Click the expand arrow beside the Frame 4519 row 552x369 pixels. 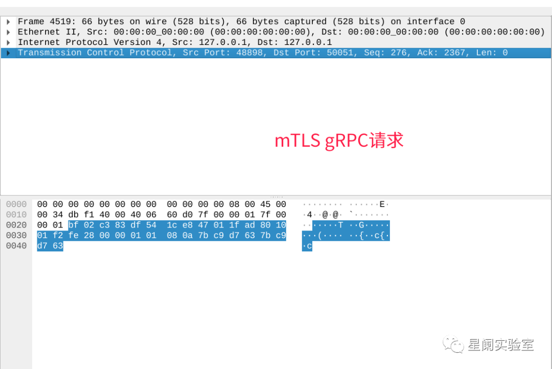point(8,22)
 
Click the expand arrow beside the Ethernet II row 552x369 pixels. point(8,32)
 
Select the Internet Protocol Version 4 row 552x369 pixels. point(174,42)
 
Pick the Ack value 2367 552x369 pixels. point(452,53)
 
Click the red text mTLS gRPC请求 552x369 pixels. point(339,141)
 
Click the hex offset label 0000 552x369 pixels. point(16,205)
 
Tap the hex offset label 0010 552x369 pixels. point(16,215)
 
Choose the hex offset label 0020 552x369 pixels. point(16,225)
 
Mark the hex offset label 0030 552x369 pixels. point(16,236)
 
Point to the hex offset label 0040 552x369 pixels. point(16,246)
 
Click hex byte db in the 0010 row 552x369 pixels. point(73,215)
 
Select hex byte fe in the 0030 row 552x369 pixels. point(73,236)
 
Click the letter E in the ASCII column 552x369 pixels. point(381,205)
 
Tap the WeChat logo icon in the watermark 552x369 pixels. point(454,345)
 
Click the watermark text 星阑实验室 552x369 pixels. point(500,345)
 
